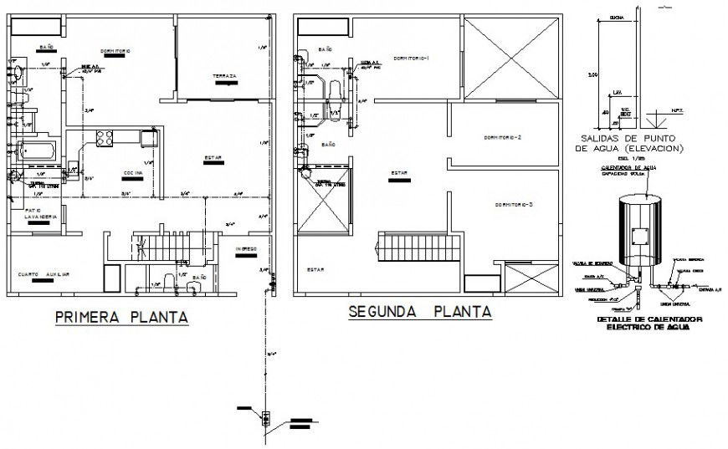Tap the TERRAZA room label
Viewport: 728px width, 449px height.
[224, 77]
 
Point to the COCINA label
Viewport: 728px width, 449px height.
[132, 172]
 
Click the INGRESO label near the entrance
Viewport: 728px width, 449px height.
[245, 249]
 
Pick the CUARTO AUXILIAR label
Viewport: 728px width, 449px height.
[47, 274]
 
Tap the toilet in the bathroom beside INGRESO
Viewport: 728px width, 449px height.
[171, 282]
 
